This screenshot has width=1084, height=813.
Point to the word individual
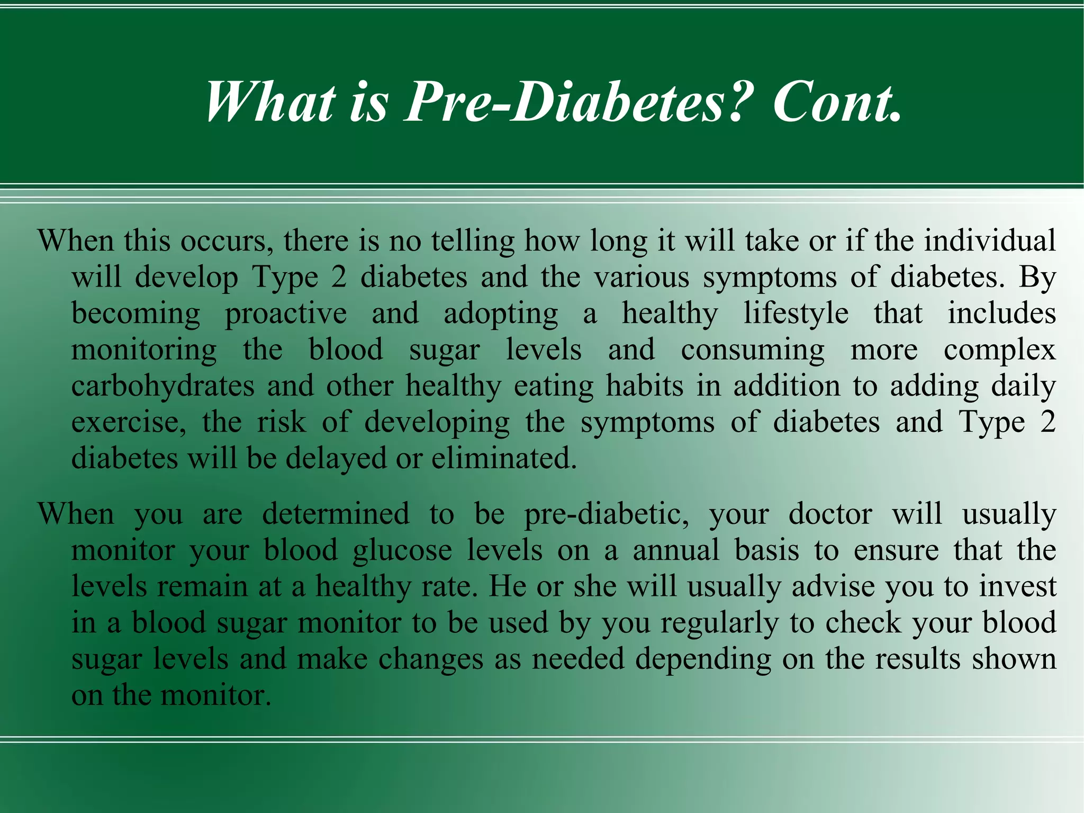point(990,241)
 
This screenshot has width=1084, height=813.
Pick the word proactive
point(286,314)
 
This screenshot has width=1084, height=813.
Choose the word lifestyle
point(796,313)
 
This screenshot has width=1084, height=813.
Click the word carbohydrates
point(163,386)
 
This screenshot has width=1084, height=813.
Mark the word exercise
point(129,422)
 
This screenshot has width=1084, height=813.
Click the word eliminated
point(504,458)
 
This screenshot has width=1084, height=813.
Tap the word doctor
point(830,514)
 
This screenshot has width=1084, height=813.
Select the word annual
point(676,550)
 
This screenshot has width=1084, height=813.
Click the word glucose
point(402,551)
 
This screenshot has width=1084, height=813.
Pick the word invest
point(1017,586)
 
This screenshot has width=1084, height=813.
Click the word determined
point(336,514)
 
